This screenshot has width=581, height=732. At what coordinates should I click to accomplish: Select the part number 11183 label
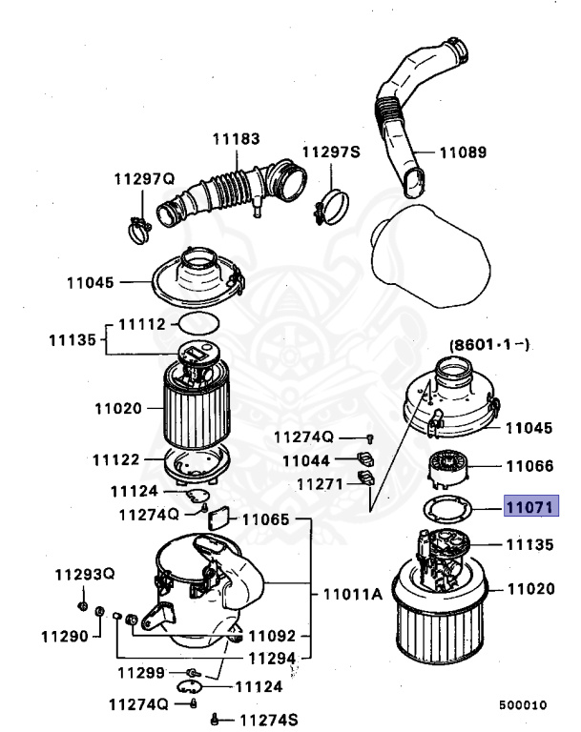(236, 139)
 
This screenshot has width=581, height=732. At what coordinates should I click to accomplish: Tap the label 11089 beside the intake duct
(464, 152)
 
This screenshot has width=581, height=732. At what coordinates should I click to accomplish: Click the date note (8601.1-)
(488, 344)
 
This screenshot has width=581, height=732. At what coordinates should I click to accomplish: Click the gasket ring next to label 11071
(446, 508)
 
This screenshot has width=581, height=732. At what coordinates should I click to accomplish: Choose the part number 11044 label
(306, 460)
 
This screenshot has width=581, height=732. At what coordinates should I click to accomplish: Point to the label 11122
(116, 460)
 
